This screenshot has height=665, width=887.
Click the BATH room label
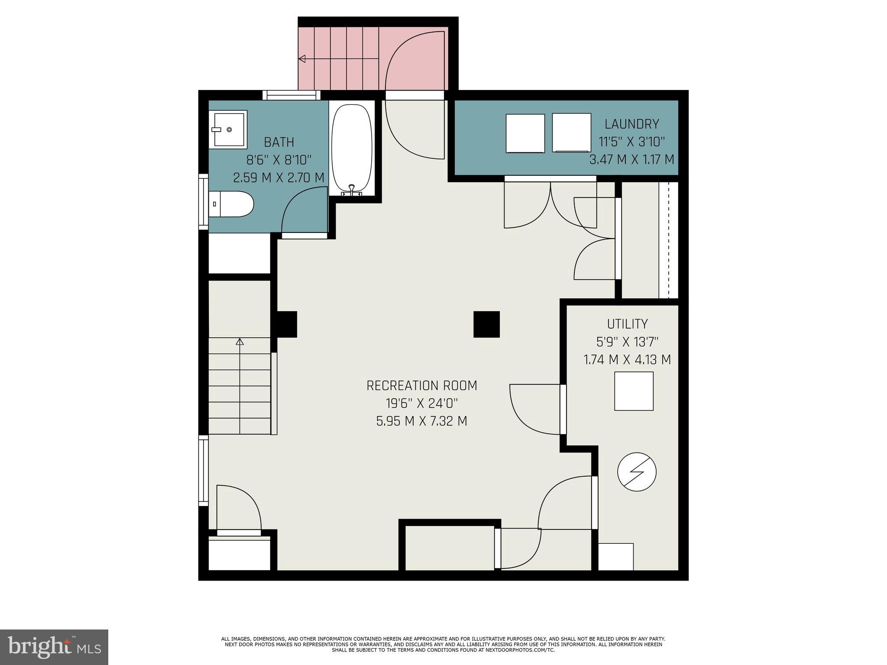click(279, 142)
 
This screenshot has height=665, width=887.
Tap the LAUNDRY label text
click(631, 124)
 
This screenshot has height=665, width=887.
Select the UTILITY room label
click(627, 324)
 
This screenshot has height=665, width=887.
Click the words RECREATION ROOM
click(421, 386)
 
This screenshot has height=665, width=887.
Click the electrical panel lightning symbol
click(637, 472)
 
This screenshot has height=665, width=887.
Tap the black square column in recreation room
click(486, 324)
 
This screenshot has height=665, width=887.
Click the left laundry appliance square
click(525, 133)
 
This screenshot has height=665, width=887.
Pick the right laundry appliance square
click(572, 132)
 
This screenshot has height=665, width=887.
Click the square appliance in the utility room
click(634, 391)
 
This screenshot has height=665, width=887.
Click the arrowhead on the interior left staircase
click(240, 342)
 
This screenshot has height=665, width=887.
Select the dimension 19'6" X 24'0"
click(421, 404)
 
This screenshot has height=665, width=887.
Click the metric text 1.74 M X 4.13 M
click(627, 360)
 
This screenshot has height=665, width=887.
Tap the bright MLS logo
click(54, 646)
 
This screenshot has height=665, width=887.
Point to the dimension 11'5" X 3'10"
click(631, 142)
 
